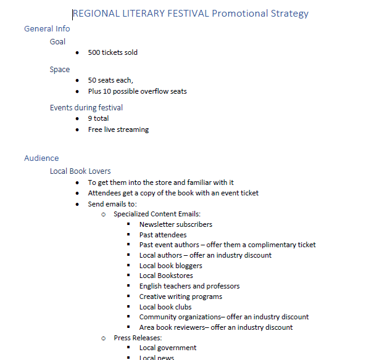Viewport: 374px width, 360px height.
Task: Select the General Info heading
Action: (47, 28)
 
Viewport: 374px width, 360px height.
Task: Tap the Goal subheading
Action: (57, 42)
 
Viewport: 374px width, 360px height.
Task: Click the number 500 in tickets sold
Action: (94, 52)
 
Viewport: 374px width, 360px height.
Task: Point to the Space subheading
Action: (60, 70)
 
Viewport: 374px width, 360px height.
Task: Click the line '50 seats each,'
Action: (110, 80)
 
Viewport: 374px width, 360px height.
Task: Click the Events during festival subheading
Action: (86, 108)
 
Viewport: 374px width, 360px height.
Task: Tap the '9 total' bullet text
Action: (98, 118)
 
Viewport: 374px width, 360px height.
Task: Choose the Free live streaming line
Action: (118, 129)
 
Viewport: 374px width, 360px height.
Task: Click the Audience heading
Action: (41, 158)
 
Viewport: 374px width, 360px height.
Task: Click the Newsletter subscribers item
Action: (176, 224)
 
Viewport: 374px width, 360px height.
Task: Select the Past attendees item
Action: (163, 235)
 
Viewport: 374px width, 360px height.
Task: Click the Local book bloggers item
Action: (171, 266)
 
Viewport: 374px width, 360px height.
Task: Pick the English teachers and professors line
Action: (189, 286)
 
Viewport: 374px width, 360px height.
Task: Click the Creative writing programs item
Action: (181, 297)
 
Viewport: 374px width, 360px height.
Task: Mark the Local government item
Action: (168, 348)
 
